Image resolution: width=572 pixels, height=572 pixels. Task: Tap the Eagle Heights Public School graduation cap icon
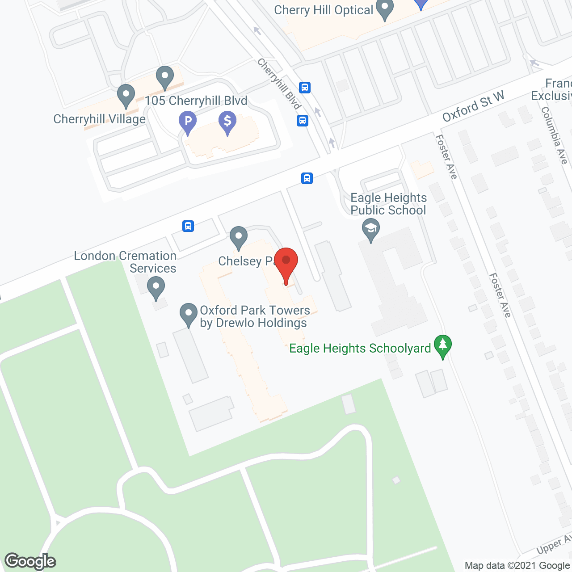click(370, 229)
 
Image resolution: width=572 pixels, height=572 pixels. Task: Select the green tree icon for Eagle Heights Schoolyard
click(442, 346)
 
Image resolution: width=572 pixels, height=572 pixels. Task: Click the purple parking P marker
click(188, 122)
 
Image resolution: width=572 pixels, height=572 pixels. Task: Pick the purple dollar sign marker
click(227, 122)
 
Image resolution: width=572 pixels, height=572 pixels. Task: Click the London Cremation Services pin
click(156, 287)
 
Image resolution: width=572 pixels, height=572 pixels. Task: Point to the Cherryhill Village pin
click(126, 95)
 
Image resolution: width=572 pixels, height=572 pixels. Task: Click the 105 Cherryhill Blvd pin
click(165, 77)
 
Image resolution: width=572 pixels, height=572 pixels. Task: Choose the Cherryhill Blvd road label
click(279, 84)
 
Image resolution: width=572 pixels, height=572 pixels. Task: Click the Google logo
click(30, 561)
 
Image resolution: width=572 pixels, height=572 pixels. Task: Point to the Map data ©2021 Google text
click(517, 565)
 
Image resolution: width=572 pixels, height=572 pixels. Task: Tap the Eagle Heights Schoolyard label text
click(360, 348)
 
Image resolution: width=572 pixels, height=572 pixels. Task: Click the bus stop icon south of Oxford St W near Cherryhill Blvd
click(307, 178)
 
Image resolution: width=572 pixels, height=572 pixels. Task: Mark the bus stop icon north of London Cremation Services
click(188, 226)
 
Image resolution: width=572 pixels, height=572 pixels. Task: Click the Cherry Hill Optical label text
click(324, 10)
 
